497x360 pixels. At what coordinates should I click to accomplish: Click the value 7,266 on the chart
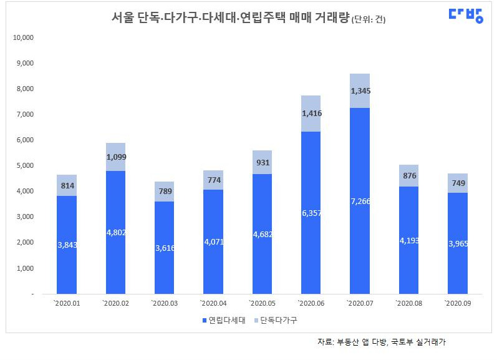coord(360,202)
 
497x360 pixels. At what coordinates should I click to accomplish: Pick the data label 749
coord(458,183)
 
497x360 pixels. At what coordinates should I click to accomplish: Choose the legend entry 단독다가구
coord(274,319)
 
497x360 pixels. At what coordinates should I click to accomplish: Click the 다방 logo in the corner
coord(466,16)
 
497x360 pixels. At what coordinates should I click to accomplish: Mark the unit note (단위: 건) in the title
coord(369,19)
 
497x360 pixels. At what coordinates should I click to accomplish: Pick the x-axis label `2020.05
coord(261,303)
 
